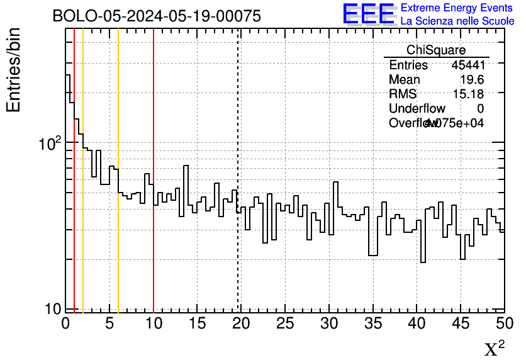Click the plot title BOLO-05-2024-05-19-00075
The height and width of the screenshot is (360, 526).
[157, 16]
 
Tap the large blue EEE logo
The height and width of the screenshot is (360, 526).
[368, 14]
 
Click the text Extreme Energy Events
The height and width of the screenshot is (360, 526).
[456, 8]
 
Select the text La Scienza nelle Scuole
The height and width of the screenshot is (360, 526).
[457, 21]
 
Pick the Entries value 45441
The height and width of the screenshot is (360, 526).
[467, 65]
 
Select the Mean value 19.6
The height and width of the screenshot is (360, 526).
[471, 80]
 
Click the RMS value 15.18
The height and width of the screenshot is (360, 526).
[468, 94]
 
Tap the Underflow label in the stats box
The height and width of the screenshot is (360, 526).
[417, 109]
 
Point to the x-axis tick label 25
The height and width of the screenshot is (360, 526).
[285, 323]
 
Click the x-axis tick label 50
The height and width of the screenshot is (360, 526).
[505, 323]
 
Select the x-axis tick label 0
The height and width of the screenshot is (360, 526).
[65, 323]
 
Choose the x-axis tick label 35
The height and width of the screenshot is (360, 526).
[373, 323]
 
